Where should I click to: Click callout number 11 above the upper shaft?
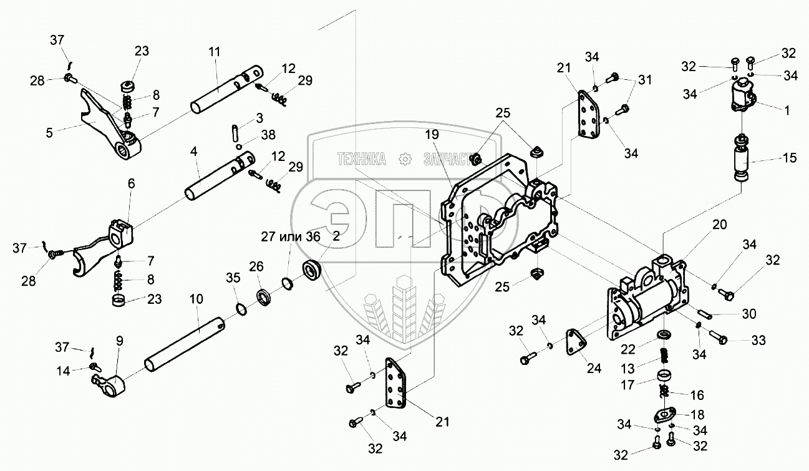[214, 52]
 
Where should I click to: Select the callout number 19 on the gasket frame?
[432, 135]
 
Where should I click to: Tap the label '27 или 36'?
[291, 236]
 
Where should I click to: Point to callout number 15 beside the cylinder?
[790, 158]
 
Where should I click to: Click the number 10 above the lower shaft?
[196, 299]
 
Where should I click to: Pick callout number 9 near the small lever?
[120, 341]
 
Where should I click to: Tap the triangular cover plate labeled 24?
[575, 341]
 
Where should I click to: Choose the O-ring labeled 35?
[241, 309]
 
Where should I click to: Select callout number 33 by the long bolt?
[758, 340]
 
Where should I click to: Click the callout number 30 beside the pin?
[749, 314]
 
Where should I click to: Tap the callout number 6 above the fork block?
[131, 183]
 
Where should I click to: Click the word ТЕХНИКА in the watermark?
[362, 159]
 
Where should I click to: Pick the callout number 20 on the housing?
[720, 225]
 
